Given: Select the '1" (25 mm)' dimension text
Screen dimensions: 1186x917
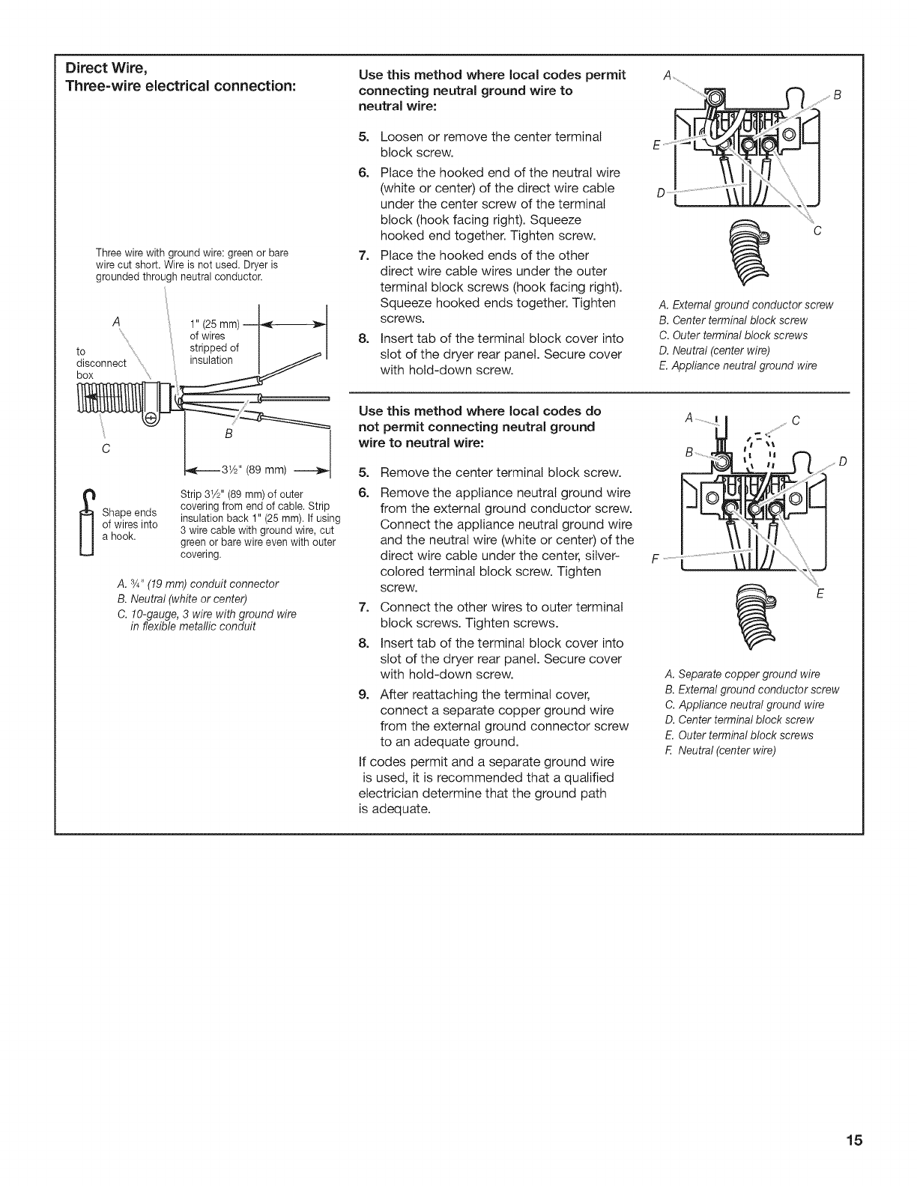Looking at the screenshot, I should (x=215, y=324).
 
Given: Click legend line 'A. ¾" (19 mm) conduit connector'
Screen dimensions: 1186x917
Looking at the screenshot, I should (x=198, y=583).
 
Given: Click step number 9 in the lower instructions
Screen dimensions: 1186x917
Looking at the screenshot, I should (x=364, y=694).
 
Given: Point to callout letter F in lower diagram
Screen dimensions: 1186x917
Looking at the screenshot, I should (x=656, y=559).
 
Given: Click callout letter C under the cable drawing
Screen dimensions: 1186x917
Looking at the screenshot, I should (x=106, y=449).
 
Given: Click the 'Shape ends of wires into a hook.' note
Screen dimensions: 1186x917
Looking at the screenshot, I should (x=129, y=524).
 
